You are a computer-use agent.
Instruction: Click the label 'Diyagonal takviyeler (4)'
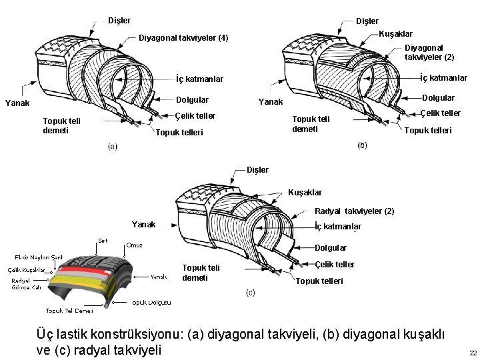183,37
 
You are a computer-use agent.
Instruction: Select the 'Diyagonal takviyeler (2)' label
429,53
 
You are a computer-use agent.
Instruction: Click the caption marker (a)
113,146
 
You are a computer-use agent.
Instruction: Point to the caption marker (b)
362,145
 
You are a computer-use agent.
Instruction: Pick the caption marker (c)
251,293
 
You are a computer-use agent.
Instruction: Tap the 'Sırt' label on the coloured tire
103,240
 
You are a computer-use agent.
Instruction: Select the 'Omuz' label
135,245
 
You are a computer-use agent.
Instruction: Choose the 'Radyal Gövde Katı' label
26,284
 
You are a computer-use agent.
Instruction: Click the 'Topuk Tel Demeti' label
69,311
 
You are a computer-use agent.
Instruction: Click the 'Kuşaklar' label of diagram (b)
395,33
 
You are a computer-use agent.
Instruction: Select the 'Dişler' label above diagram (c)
257,169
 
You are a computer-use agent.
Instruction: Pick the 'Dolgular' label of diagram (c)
331,248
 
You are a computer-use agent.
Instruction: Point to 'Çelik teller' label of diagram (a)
195,116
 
